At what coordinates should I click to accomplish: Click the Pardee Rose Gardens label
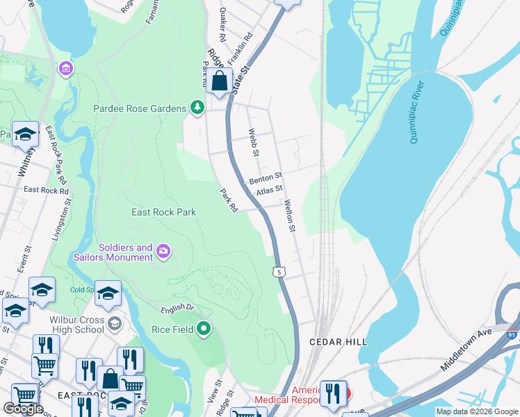[140, 108]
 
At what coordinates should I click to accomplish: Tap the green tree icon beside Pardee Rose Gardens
[198, 108]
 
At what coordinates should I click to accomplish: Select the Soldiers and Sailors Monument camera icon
[163, 251]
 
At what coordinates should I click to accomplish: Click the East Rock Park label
[164, 212]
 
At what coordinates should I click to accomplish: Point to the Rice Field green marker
[204, 328]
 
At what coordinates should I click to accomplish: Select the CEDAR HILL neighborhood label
[338, 343]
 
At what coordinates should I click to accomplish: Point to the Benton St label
[265, 179]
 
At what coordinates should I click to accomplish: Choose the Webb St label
[254, 142]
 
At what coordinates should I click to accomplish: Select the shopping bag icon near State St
[219, 81]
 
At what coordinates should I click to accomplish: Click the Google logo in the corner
[23, 409]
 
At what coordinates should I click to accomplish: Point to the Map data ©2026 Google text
[477, 411]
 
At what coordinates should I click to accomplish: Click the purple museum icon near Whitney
[65, 68]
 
